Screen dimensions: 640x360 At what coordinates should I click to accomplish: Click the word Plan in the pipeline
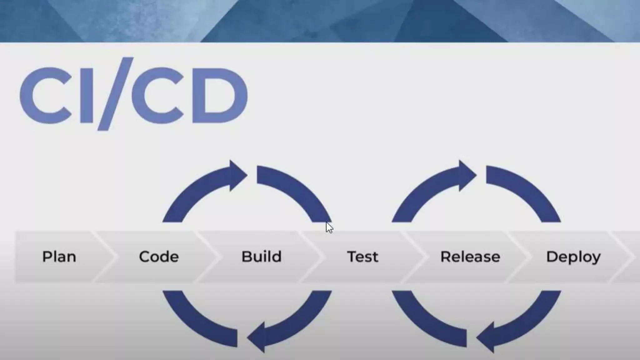point(59,257)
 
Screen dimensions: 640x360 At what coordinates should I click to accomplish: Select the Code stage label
point(159,257)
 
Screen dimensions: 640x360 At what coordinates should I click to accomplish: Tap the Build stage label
point(262,257)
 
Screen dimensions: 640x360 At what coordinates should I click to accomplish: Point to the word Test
point(363,257)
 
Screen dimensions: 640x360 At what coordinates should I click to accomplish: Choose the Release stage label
point(470,257)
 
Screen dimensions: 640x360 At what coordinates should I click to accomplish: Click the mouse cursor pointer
point(329,227)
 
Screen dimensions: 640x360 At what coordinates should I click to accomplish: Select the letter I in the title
point(87,95)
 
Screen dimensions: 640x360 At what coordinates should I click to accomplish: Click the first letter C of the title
point(47,95)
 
